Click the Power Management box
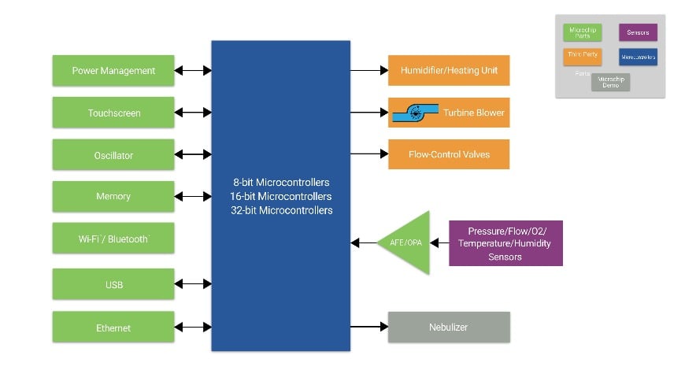pyautogui.click(x=113, y=70)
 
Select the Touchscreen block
pyautogui.click(x=113, y=113)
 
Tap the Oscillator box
pyautogui.click(x=113, y=155)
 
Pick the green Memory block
pyautogui.click(x=113, y=196)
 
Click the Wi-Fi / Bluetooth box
pyautogui.click(x=113, y=238)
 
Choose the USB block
pyautogui.click(x=113, y=284)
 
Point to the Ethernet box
pyautogui.click(x=113, y=327)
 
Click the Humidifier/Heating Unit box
pyautogui.click(x=449, y=70)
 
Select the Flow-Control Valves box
pyautogui.click(x=449, y=154)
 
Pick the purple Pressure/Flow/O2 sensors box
pyautogui.click(x=505, y=243)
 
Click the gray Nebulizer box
pyautogui.click(x=449, y=327)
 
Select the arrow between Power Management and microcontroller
pyautogui.click(x=193, y=70)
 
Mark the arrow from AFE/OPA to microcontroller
pyautogui.click(x=365, y=242)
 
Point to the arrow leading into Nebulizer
pyautogui.click(x=368, y=327)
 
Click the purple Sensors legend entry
pyautogui.click(x=638, y=32)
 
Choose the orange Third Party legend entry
pyautogui.click(x=583, y=57)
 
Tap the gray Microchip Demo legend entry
pyautogui.click(x=610, y=82)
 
